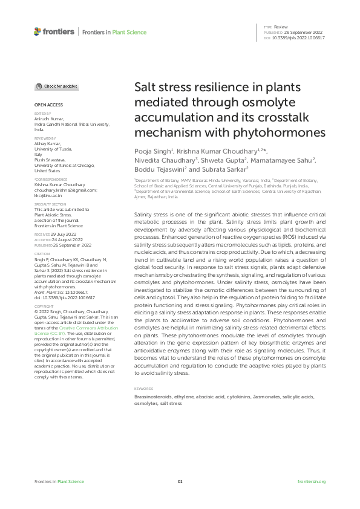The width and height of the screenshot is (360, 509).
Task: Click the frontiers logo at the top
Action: (54, 31)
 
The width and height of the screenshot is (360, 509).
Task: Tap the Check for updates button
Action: (56, 87)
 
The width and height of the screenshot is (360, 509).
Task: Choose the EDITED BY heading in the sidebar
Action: (42, 114)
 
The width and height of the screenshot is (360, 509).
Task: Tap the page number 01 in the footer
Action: (180, 481)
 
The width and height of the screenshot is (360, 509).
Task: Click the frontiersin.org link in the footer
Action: (312, 481)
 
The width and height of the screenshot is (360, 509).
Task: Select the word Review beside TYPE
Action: (281, 28)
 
